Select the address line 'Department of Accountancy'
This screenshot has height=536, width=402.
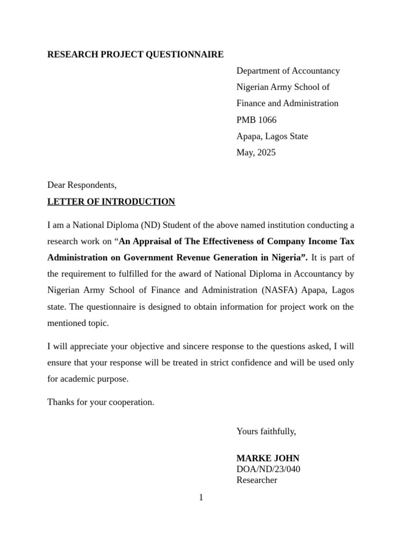288,71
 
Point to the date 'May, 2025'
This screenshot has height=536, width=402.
255,153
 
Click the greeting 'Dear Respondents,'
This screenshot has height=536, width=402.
82,185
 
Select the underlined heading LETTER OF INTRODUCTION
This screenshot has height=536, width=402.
111,202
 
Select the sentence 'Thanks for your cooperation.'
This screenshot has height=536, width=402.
100,402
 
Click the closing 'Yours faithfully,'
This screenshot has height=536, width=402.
266,431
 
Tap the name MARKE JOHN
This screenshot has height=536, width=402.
267,458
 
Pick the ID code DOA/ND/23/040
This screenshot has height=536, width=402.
268,469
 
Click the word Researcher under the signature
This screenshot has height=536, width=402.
256,480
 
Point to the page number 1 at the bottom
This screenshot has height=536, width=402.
201,497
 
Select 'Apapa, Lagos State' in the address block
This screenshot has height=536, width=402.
272,137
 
